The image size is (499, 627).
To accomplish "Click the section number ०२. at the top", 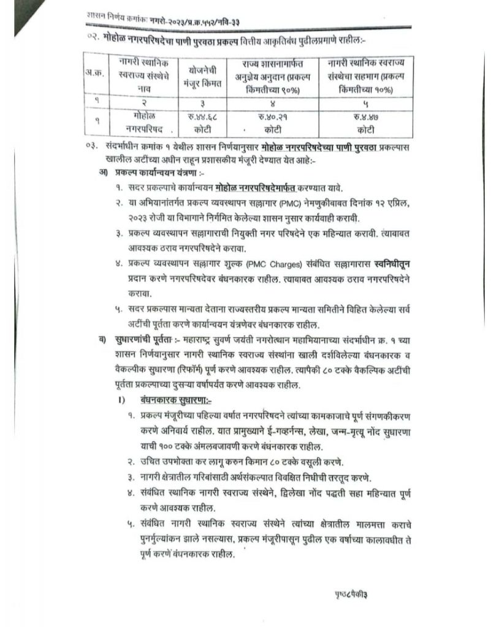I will pos(93,39).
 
